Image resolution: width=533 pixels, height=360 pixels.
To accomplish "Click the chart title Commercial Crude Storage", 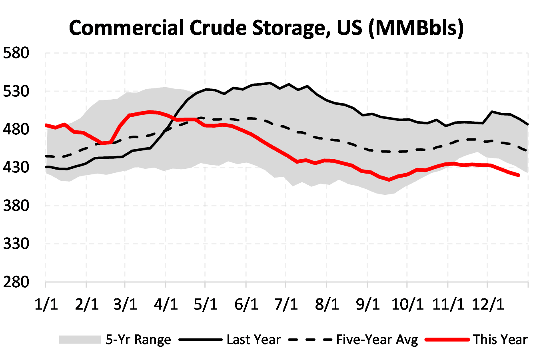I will pos(266,28).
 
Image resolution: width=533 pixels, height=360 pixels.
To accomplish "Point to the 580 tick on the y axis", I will pos(16,53).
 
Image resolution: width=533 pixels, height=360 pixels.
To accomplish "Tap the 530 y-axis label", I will pos(16,91).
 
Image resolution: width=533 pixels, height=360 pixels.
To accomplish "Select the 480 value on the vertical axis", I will pos(16,129).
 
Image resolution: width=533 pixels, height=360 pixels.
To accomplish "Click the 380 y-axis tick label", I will pos(16,206).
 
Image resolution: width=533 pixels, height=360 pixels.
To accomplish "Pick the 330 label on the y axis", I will pos(16,244).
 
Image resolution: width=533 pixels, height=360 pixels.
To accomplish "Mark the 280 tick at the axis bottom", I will pos(16,282).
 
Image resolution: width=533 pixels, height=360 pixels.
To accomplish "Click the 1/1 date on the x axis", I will pos(46,304).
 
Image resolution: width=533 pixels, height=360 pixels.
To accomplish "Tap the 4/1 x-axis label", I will pos(166,304).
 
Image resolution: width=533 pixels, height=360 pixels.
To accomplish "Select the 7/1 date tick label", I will pos(286,304).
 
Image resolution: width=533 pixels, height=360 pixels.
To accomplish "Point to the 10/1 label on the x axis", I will pos(407,304).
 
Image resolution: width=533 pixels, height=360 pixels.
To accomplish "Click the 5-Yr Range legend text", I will pos(138,340).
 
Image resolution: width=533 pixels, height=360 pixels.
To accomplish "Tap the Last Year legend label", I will pos(254,340).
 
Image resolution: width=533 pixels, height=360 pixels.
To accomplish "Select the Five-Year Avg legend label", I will pos(377,340).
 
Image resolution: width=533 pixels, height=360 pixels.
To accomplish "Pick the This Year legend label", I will pos(500,340).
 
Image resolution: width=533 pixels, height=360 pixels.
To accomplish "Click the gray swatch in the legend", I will pos(80,340).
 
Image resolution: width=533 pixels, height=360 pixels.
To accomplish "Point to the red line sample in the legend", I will pos(447,340).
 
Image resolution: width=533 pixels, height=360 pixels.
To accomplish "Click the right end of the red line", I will pos(519,175).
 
